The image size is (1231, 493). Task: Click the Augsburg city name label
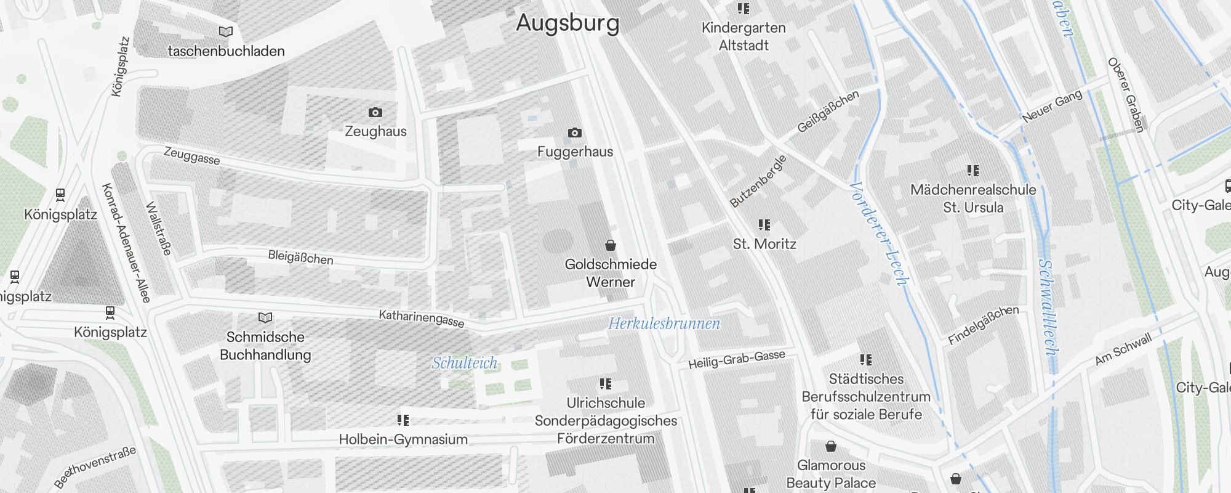(x=567, y=23)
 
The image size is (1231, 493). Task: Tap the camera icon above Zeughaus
(x=375, y=112)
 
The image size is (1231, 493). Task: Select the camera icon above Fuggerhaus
(x=574, y=132)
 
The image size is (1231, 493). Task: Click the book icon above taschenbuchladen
(x=226, y=31)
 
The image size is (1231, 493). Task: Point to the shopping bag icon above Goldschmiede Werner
(x=610, y=245)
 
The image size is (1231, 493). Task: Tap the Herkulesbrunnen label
(x=664, y=324)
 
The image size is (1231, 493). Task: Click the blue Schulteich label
(x=464, y=363)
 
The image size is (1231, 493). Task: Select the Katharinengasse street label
(x=421, y=319)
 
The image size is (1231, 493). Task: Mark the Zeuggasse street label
(x=191, y=155)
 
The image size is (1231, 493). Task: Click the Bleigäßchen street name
(x=300, y=257)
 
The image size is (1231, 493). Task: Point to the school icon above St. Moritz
(x=764, y=225)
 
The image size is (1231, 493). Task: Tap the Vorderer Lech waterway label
(x=878, y=234)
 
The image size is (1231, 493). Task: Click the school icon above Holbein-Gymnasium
(x=403, y=420)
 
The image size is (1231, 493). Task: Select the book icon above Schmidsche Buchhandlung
(x=265, y=317)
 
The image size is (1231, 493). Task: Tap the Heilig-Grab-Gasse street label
(x=736, y=359)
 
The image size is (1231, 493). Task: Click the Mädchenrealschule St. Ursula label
(x=972, y=198)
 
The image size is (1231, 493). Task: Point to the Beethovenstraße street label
(x=95, y=467)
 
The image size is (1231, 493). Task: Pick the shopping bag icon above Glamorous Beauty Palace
(x=830, y=446)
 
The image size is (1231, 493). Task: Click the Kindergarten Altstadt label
(x=744, y=36)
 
